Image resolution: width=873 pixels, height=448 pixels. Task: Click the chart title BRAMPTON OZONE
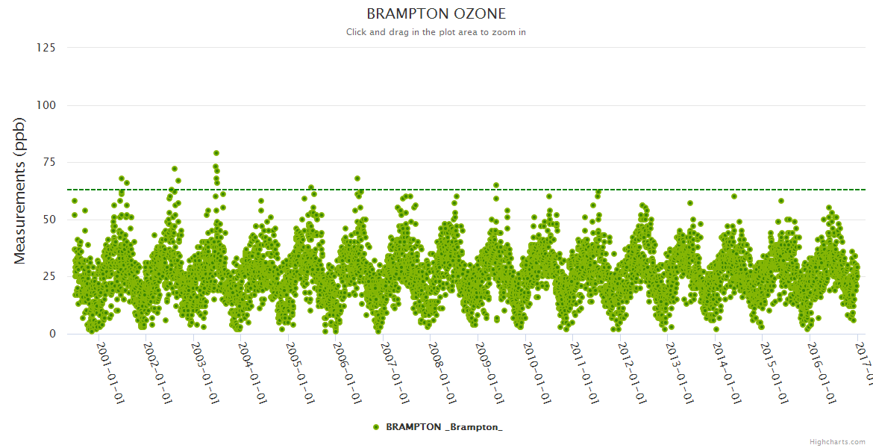pos(436,14)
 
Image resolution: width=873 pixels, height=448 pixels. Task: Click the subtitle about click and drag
pos(436,32)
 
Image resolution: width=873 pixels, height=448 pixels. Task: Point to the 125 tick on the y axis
pos(46,48)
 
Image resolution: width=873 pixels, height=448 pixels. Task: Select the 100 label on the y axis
pos(46,105)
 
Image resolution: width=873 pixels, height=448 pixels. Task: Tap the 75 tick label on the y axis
pos(49,162)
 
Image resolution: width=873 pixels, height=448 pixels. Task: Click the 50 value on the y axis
pos(49,220)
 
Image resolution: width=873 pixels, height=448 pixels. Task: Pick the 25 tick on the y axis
pos(49,277)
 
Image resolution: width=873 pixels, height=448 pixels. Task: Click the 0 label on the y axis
pos(52,334)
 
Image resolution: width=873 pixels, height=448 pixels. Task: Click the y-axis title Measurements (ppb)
pos(20,190)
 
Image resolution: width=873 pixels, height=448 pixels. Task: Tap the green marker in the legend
pos(376,427)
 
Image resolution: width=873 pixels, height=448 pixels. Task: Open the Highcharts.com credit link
pos(837,442)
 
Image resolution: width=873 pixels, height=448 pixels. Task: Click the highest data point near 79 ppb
pos(216,153)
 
